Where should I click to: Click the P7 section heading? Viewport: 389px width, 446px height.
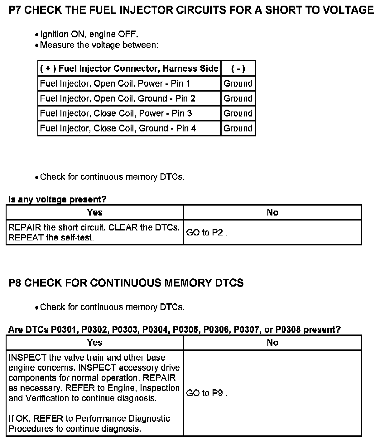coord(191,10)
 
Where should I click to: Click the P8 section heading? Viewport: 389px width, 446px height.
coord(126,283)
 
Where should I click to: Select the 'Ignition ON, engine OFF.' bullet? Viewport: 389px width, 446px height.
coord(89,34)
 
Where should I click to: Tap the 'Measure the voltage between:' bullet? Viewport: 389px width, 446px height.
coord(99,45)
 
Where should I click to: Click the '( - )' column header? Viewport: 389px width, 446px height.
coord(238,69)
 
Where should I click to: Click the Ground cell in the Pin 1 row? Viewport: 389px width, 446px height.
coord(238,83)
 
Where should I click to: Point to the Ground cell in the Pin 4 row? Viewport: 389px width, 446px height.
coord(238,128)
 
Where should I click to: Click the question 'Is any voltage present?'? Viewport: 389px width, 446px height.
coord(57,199)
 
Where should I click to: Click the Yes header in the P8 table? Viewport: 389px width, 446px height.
coord(95,343)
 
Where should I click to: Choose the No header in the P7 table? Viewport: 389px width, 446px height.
coord(272,212)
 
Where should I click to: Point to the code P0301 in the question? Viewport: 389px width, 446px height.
coord(64,330)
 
